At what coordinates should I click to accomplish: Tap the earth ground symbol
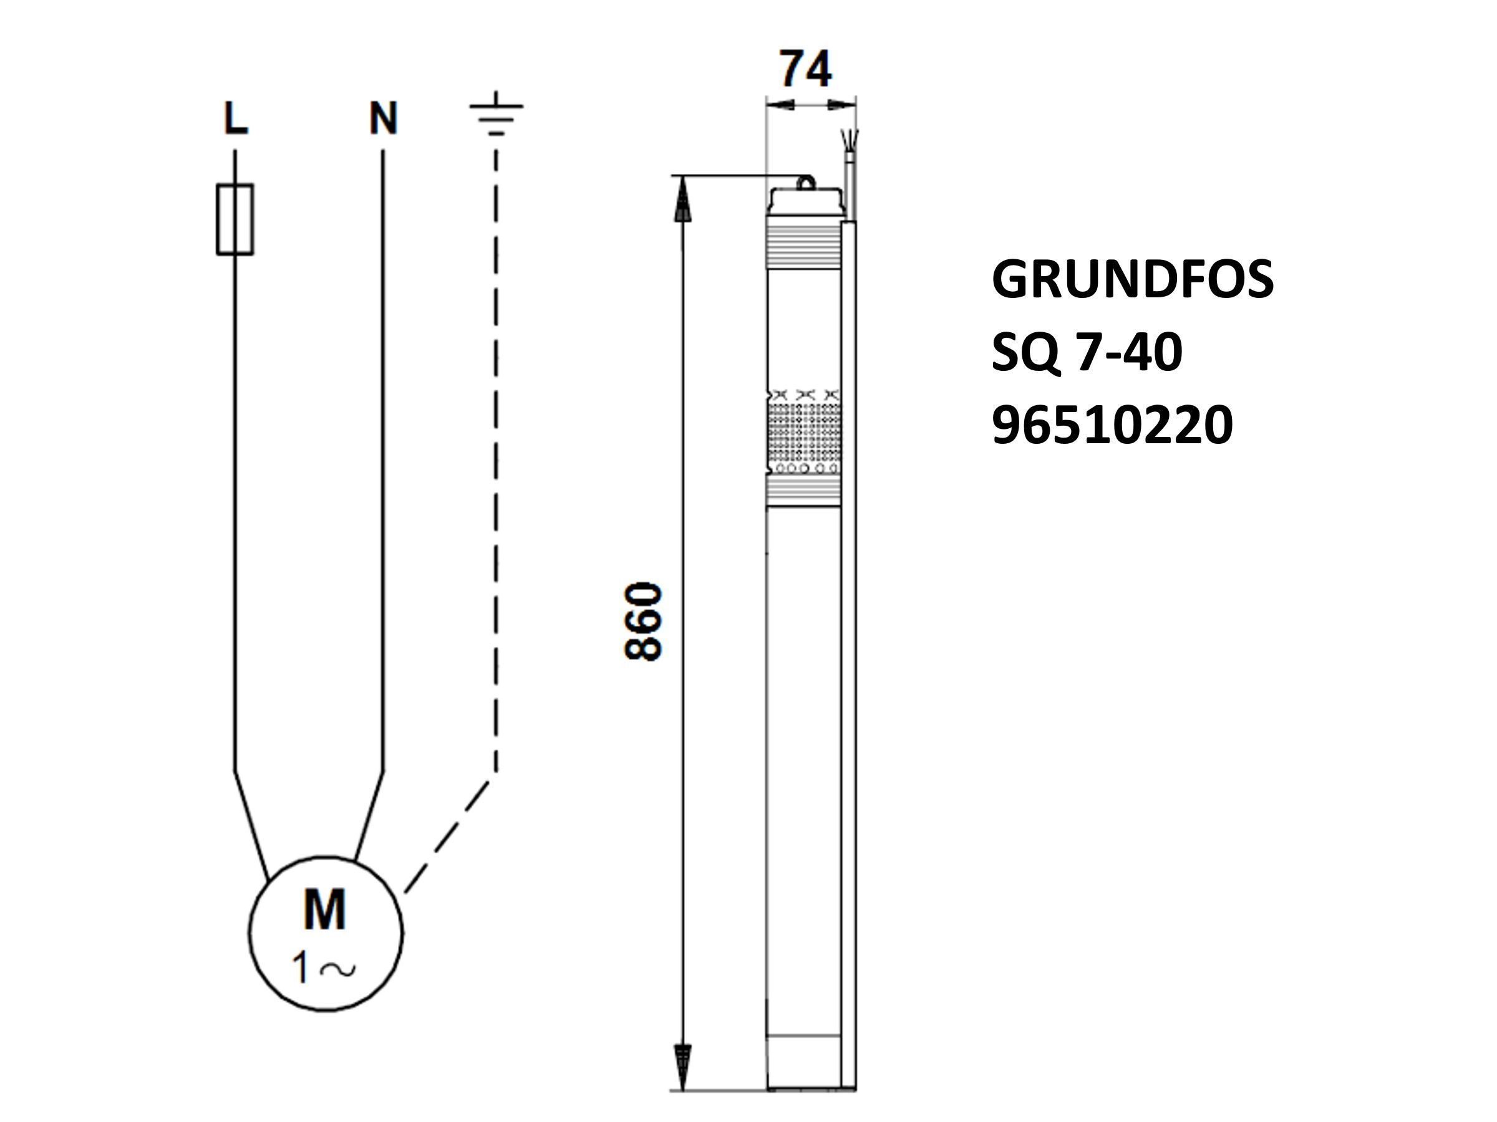coord(496,113)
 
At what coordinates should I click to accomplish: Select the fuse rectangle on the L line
coord(235,219)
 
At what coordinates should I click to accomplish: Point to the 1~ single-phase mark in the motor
coord(324,968)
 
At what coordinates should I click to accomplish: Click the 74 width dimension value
coord(805,69)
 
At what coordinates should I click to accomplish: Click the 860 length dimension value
coord(642,621)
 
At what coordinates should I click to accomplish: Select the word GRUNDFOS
coord(1132,279)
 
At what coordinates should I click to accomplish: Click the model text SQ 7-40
coord(1087,352)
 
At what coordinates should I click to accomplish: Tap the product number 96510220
coord(1112,425)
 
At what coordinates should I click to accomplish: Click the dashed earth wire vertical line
coord(496,460)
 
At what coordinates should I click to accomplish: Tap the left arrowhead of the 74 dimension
coord(780,104)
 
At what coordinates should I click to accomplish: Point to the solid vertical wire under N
coord(383,460)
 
